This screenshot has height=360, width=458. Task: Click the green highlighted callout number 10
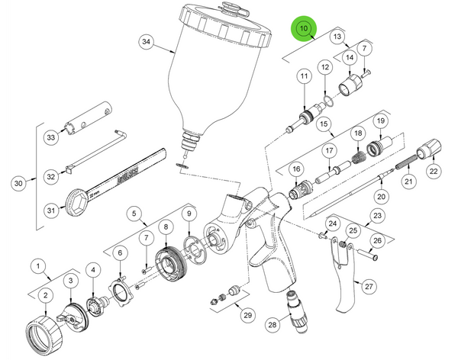(304, 29)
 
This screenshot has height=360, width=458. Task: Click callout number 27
(370, 286)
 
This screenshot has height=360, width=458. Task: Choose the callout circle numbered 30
(19, 183)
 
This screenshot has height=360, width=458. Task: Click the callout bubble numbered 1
(36, 265)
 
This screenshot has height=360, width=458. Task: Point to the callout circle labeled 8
(166, 227)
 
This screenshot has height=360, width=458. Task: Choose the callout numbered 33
(51, 137)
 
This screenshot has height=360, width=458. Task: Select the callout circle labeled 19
(379, 121)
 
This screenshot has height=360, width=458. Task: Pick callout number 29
(247, 315)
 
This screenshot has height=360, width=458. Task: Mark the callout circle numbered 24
(332, 223)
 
